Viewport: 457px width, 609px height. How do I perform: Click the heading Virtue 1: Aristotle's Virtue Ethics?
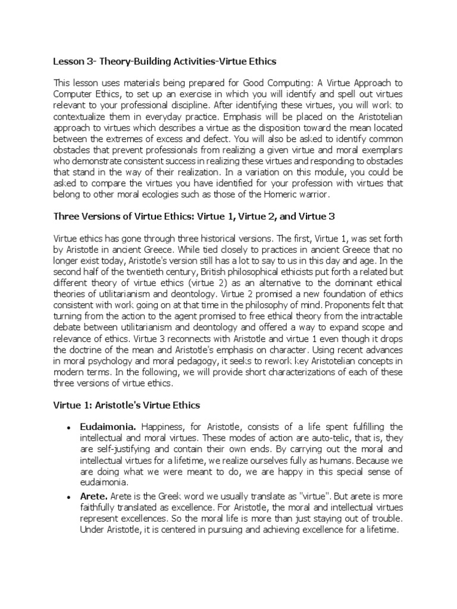[x=127, y=404]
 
